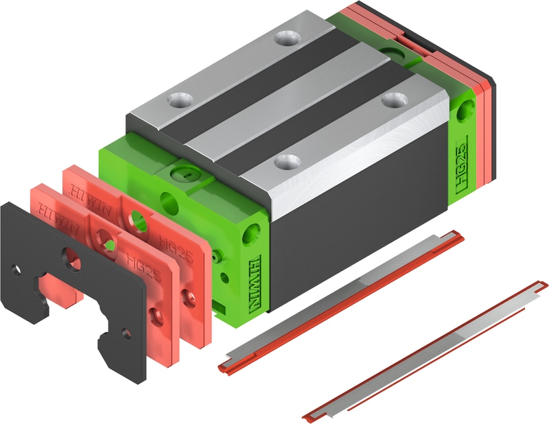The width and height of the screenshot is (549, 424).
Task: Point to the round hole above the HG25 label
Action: coord(469,108)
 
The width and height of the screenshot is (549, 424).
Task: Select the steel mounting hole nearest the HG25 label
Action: coord(393,100)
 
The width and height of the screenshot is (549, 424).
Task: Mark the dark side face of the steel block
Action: coord(357,226)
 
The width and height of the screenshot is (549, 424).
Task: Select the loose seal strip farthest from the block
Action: coord(425,350)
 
